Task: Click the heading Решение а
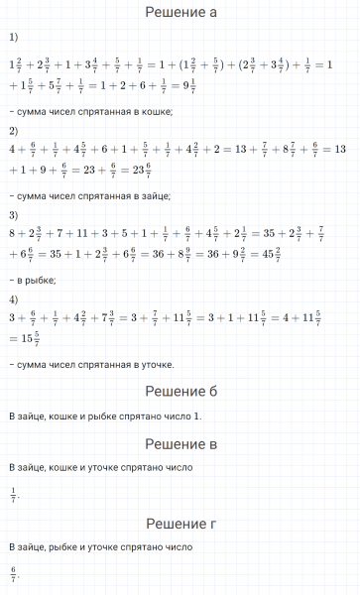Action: click(x=180, y=13)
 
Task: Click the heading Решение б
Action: click(x=180, y=391)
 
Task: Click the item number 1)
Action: click(x=13, y=38)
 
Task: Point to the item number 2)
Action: click(x=13, y=130)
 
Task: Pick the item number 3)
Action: click(x=13, y=215)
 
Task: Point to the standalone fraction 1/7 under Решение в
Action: click(x=14, y=493)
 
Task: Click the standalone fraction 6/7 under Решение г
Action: click(x=14, y=573)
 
